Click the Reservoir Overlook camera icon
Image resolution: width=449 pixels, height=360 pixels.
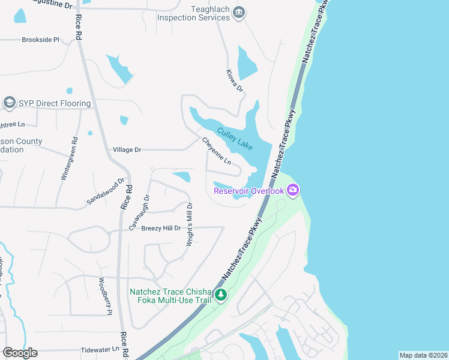click(293, 190)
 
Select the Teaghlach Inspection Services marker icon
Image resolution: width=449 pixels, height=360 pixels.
click(239, 13)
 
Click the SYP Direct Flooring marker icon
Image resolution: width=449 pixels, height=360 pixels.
click(9, 103)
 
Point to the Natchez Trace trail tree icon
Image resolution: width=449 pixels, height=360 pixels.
click(221, 295)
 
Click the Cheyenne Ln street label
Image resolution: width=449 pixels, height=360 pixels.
click(216, 152)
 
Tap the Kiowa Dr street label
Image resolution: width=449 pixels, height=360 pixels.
click(235, 80)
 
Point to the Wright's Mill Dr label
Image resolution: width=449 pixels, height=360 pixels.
click(189, 221)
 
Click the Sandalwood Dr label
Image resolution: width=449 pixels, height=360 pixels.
click(105, 191)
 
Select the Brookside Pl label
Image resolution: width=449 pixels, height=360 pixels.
click(40, 40)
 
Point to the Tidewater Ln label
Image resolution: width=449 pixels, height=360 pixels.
click(100, 349)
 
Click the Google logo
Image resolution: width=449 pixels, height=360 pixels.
click(20, 353)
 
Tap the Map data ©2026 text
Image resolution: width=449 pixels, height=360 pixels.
click(423, 355)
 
